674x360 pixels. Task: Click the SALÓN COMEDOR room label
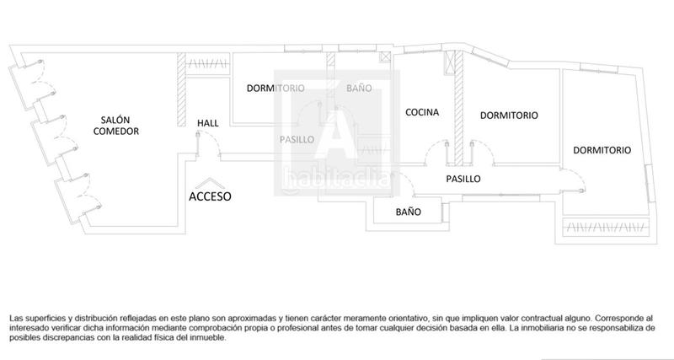(115, 126)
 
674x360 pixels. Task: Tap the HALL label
(207, 123)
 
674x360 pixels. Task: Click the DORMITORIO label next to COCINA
(509, 115)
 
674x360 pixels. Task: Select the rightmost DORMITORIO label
(602, 150)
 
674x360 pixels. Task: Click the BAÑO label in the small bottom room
(409, 212)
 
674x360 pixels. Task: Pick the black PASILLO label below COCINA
(463, 179)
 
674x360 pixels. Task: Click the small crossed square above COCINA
(386, 57)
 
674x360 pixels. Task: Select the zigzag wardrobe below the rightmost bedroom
(605, 228)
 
